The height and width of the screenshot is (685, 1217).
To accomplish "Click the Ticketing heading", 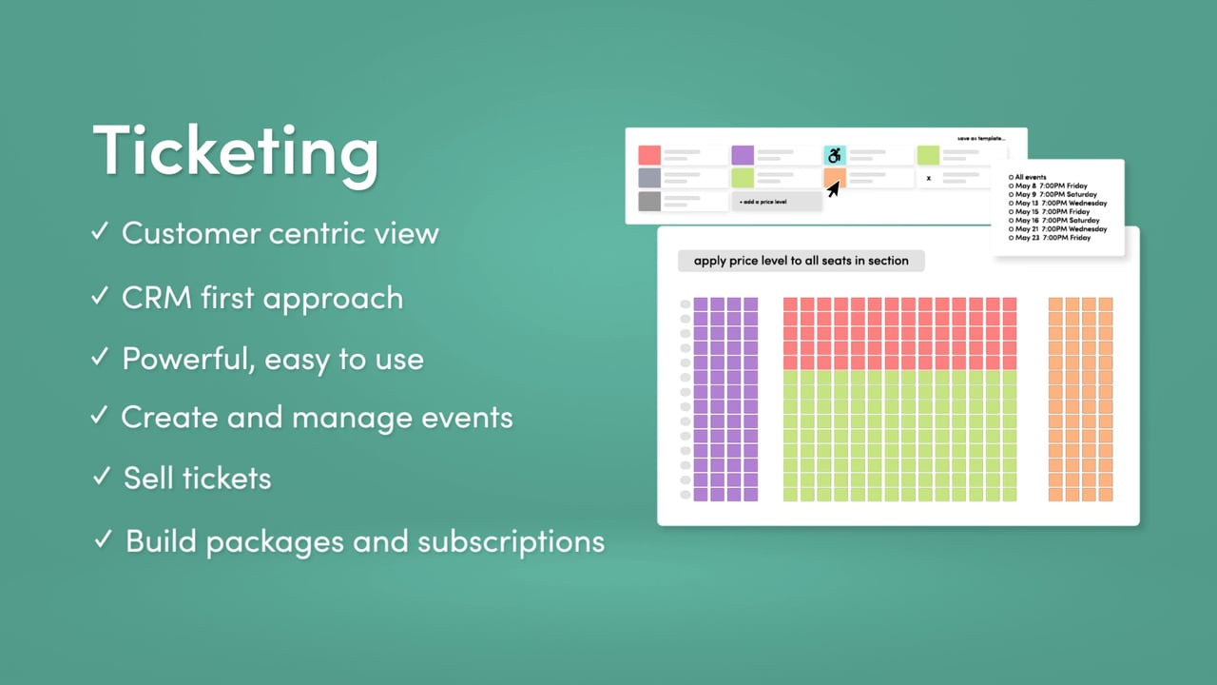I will point(236,150).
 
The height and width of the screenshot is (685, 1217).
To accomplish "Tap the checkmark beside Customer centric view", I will point(100,232).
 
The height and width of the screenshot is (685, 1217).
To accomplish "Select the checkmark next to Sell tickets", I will point(102,477).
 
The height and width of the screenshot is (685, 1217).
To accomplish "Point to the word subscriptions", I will point(512,541).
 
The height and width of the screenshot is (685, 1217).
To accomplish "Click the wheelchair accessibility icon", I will point(835,155).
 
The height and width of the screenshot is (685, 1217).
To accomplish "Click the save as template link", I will point(980,139).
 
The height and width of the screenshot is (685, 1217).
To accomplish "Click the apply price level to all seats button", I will point(801,261).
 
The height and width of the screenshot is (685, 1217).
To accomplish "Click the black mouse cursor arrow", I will point(833,189).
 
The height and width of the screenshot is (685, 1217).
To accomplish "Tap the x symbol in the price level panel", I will point(928,178).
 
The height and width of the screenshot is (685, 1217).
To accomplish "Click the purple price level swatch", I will point(743,155).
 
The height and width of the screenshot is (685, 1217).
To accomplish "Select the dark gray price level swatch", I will point(649,201).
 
